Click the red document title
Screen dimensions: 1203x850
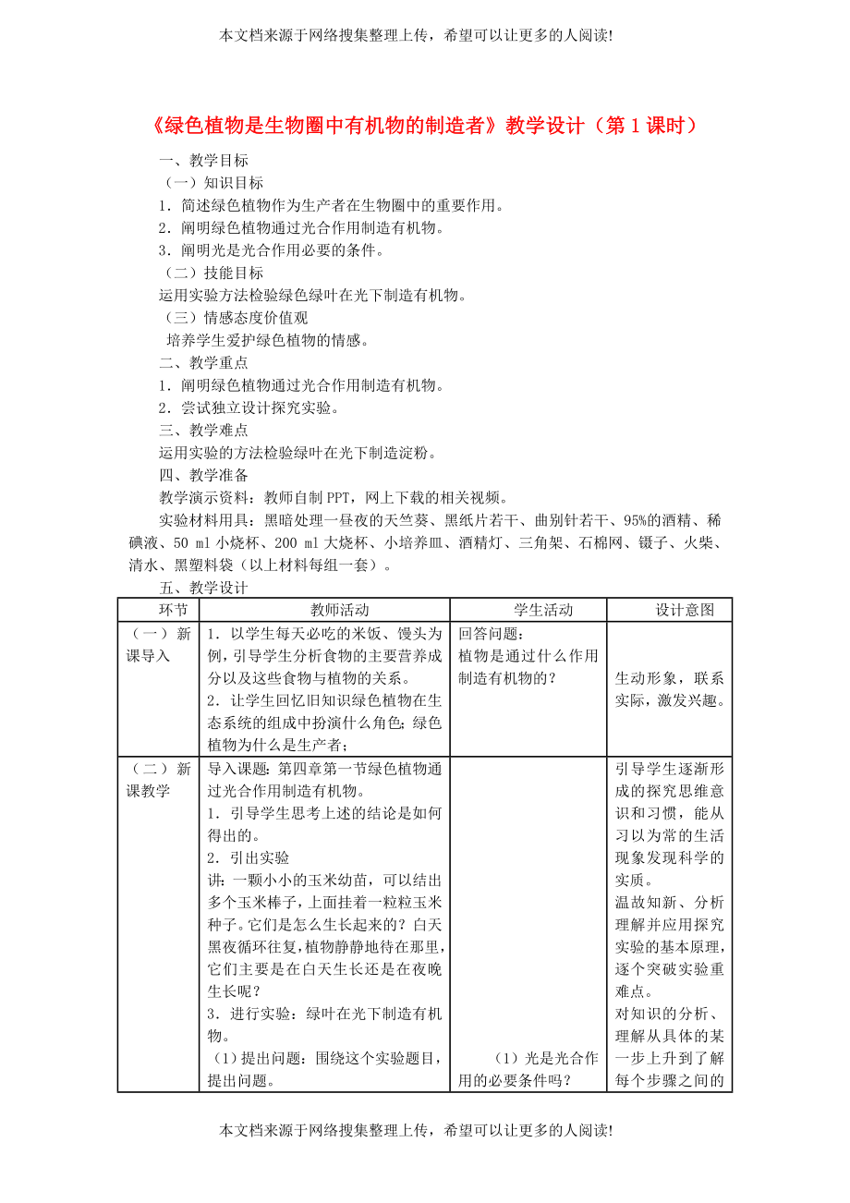[424, 126]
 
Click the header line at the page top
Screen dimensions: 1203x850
[416, 35]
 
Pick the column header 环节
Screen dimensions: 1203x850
[159, 610]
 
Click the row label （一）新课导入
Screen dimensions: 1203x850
[159, 645]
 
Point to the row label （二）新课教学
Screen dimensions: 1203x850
[159, 780]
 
